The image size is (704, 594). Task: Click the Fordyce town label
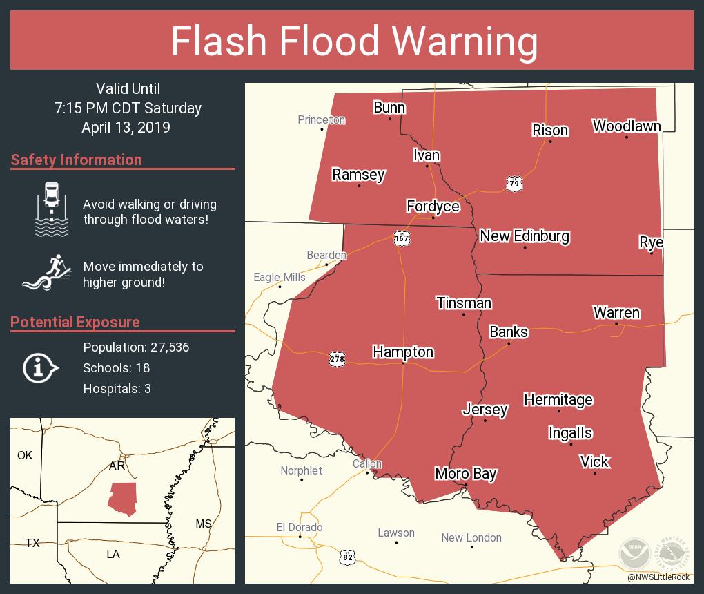pyautogui.click(x=433, y=206)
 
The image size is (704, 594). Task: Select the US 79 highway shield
pyautogui.click(x=513, y=183)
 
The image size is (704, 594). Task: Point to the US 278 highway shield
pyautogui.click(x=337, y=358)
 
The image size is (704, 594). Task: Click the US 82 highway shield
pyautogui.click(x=348, y=555)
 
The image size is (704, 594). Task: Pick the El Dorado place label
pyautogui.click(x=300, y=527)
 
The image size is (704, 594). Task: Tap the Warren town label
pyautogui.click(x=616, y=312)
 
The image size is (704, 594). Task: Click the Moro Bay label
pyautogui.click(x=465, y=474)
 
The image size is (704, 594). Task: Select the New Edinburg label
pyautogui.click(x=525, y=236)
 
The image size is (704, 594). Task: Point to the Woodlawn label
pyautogui.click(x=626, y=126)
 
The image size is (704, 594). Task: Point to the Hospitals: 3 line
pyautogui.click(x=117, y=388)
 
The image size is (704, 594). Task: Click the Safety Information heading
pyautogui.click(x=77, y=160)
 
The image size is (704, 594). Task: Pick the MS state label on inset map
pyautogui.click(x=203, y=524)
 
